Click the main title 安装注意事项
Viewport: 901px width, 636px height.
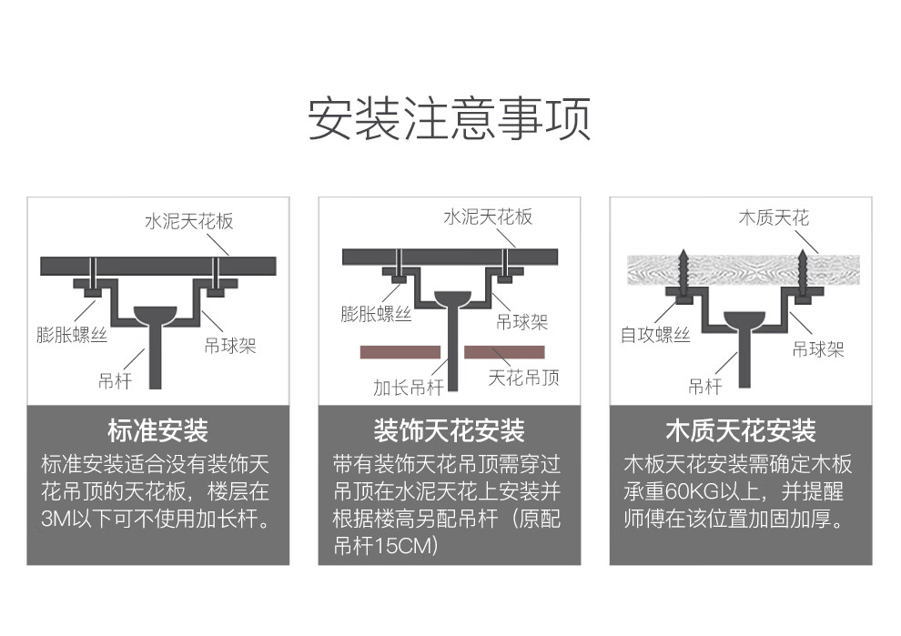click(x=450, y=118)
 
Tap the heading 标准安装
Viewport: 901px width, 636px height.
click(x=157, y=430)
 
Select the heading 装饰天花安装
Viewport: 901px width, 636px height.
click(x=449, y=430)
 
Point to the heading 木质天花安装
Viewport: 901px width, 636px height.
click(x=740, y=430)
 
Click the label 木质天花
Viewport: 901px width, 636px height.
click(x=773, y=217)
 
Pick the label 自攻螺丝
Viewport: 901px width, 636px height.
click(x=655, y=336)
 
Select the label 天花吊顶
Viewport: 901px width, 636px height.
click(x=524, y=377)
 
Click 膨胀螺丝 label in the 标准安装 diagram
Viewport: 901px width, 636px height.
click(x=72, y=334)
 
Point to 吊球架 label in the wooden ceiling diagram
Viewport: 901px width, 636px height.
click(x=817, y=348)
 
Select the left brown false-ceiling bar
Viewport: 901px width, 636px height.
click(x=400, y=351)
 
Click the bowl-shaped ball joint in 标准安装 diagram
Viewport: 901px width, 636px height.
click(x=156, y=314)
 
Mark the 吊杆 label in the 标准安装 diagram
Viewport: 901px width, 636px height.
click(x=116, y=380)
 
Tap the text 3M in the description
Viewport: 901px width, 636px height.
click(x=56, y=520)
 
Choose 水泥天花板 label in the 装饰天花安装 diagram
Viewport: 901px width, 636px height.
click(x=488, y=217)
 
